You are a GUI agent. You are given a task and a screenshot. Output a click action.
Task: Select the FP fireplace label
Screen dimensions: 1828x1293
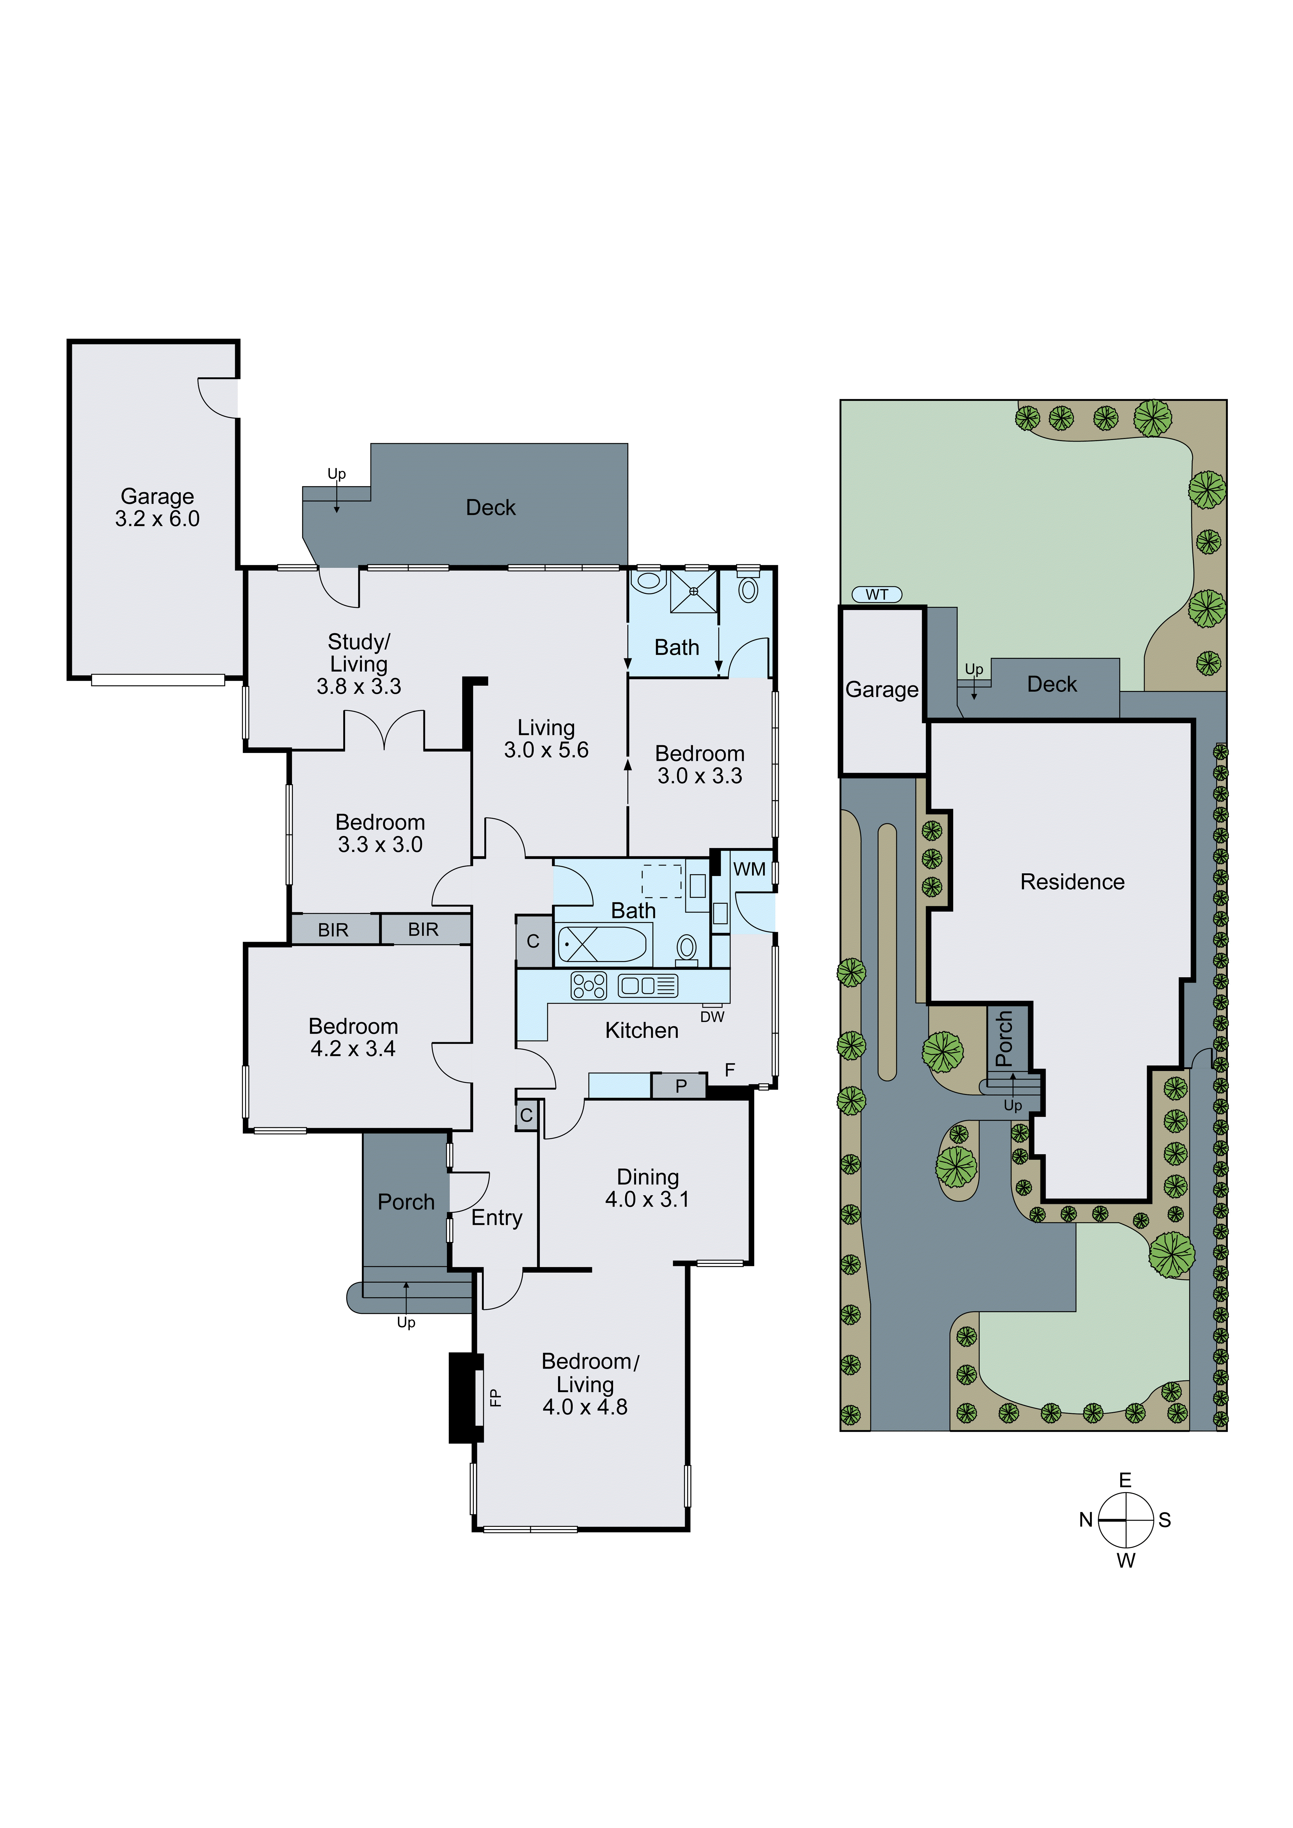[x=494, y=1397]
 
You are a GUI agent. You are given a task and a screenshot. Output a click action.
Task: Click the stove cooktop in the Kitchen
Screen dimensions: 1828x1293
[x=588, y=986]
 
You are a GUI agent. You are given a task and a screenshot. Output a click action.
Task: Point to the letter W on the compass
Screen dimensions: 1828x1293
[x=1125, y=1561]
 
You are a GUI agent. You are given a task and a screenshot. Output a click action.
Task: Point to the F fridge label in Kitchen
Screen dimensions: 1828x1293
[x=729, y=1070]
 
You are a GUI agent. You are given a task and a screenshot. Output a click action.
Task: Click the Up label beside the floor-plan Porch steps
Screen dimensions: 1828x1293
[x=406, y=1322]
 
